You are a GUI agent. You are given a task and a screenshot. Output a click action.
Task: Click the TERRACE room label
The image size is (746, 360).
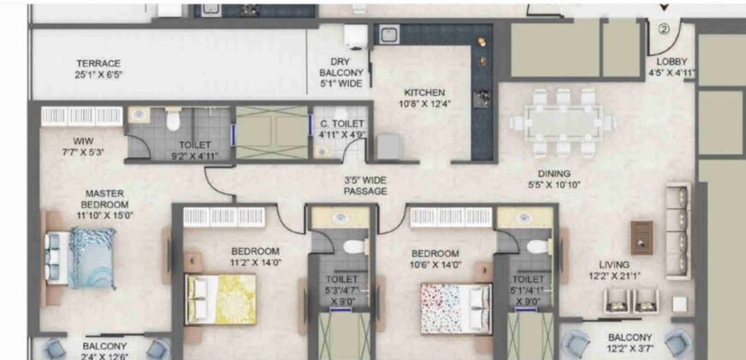click(99, 63)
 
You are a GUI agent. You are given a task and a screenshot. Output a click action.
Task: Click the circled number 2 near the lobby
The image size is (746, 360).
click(663, 28)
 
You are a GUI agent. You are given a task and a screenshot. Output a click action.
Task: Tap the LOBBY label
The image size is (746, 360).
click(671, 62)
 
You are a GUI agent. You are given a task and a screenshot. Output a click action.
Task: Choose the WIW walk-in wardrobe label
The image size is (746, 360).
click(83, 141)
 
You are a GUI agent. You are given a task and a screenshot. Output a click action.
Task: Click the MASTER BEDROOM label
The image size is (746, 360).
click(105, 199)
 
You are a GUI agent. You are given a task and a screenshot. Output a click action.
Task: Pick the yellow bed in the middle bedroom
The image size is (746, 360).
click(220, 297)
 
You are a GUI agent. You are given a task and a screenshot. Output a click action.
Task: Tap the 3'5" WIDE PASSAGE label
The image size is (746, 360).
click(366, 186)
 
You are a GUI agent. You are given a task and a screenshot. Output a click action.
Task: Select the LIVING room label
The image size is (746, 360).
click(615, 265)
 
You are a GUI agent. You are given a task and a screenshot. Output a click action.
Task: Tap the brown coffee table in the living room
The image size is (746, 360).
click(641, 237)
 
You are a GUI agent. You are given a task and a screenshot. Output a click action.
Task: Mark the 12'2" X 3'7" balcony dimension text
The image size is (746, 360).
click(630, 349)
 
